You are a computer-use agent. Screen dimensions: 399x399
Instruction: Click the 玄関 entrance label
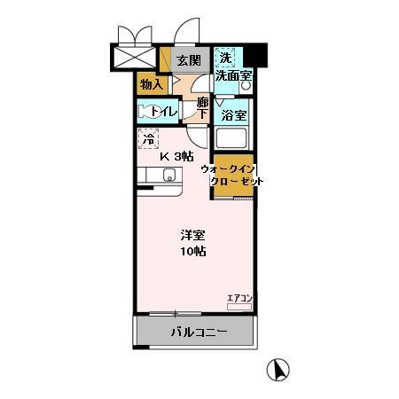pos(187,60)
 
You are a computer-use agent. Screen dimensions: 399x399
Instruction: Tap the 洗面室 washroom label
pos(234,76)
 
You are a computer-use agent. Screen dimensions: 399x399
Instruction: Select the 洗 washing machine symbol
pos(225,58)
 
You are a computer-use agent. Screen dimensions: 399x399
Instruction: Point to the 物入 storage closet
pos(151,84)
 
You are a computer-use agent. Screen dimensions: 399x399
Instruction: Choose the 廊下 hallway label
pos(202,107)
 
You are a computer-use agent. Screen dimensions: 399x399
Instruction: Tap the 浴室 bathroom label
pos(233,115)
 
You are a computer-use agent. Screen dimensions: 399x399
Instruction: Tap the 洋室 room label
pos(193,235)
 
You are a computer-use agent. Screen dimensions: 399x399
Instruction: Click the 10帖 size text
pos(193,252)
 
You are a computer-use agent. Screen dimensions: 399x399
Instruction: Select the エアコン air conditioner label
pos(240,297)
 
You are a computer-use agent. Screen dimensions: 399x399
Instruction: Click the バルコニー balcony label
pos(199,333)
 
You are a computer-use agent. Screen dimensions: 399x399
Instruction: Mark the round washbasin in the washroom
pos(246,87)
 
